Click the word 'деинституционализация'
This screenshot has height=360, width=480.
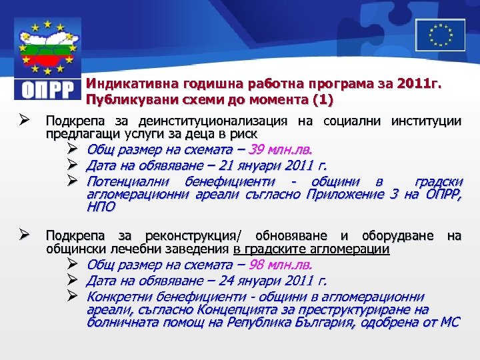213,121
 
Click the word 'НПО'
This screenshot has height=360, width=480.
101,207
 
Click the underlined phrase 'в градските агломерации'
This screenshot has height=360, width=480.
311,249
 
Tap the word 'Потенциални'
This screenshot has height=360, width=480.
127,181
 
